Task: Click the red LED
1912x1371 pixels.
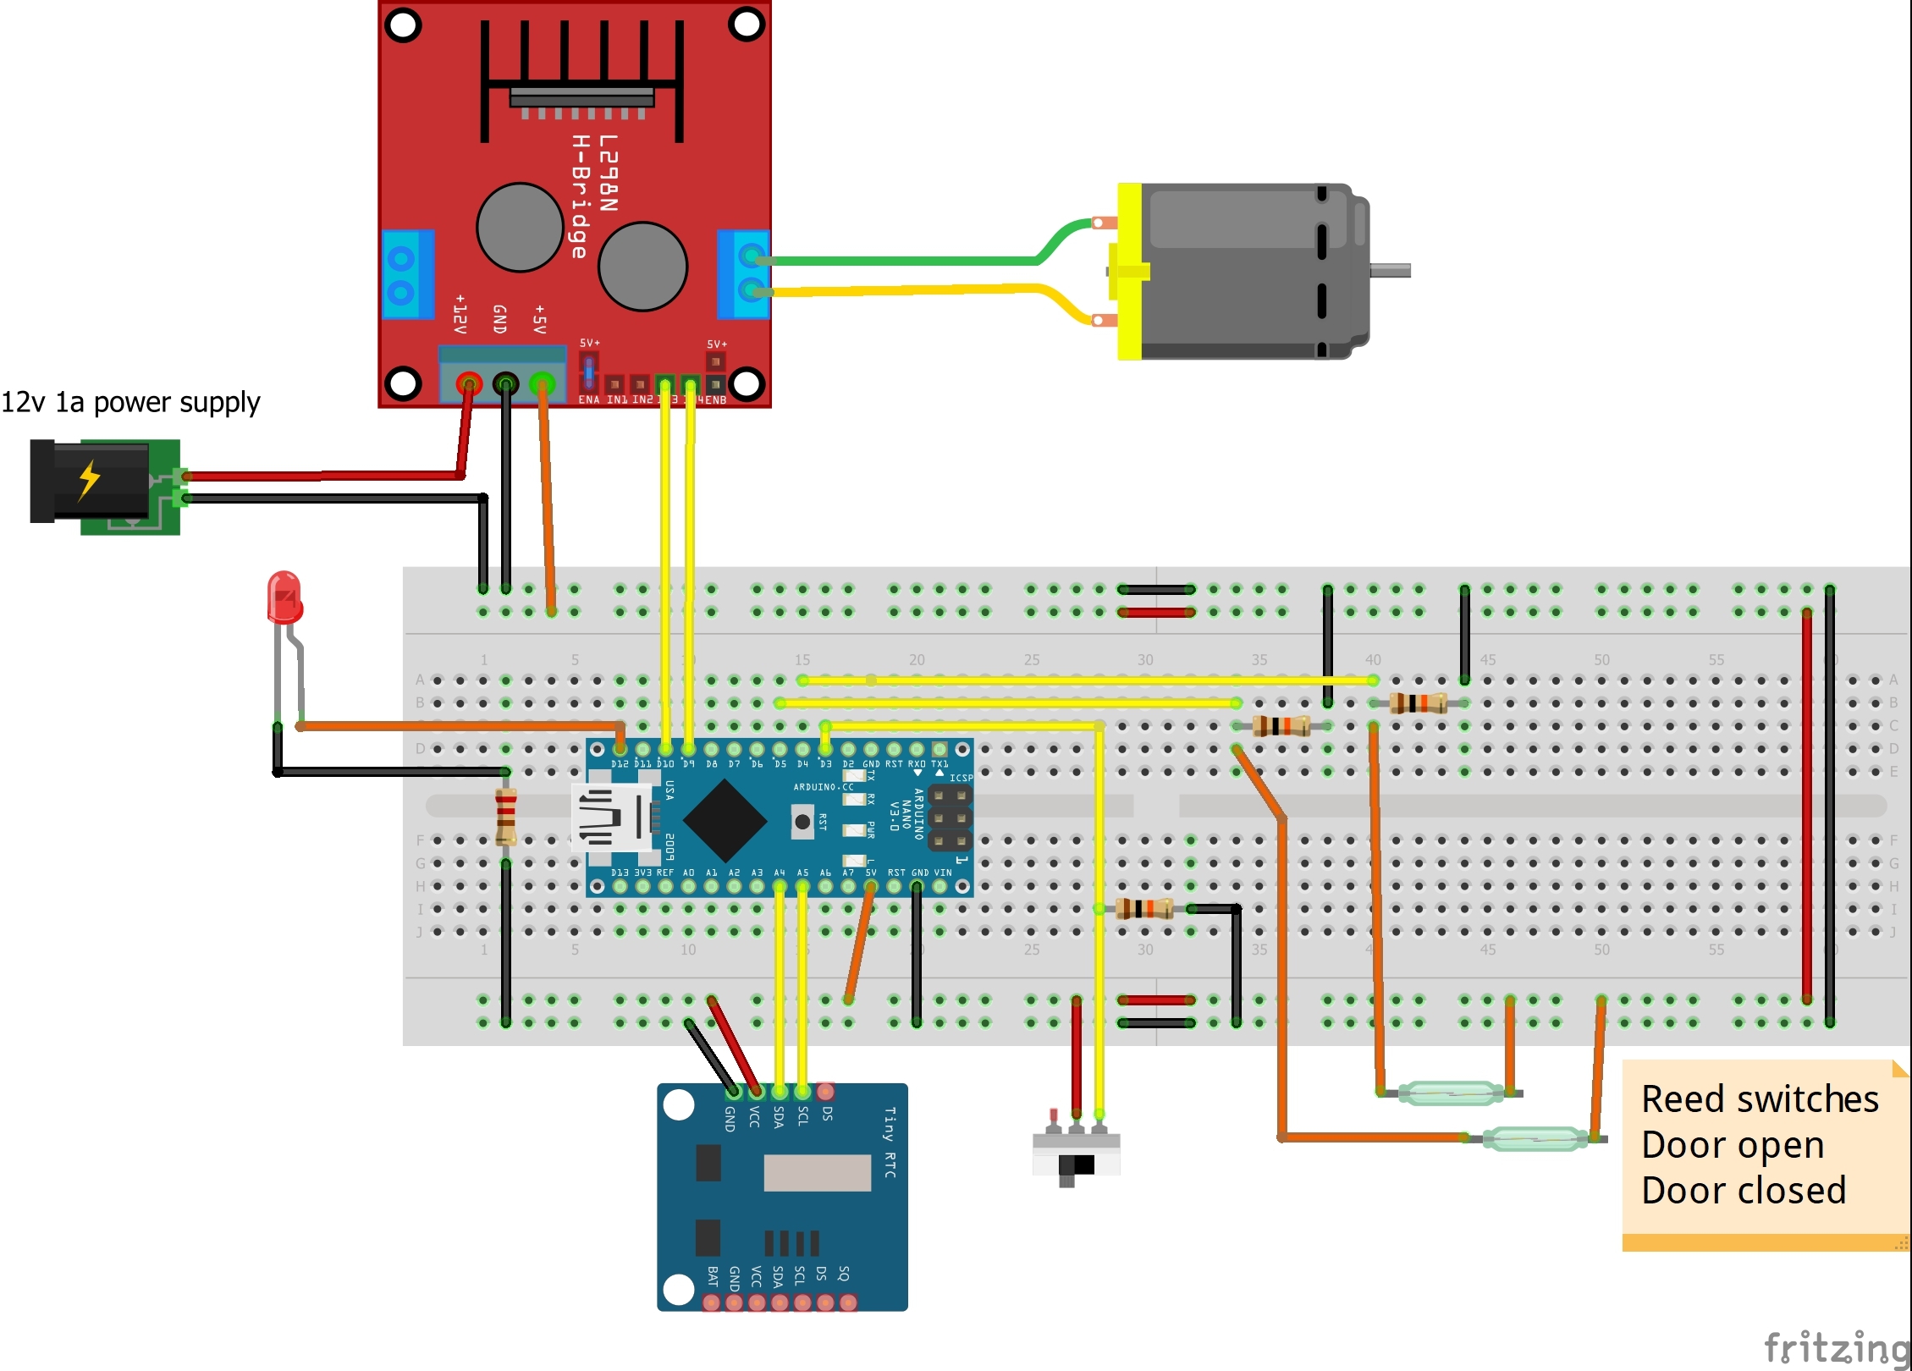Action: (x=284, y=597)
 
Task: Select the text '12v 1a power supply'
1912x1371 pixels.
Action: (x=130, y=402)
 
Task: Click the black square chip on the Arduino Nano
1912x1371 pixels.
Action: (x=725, y=820)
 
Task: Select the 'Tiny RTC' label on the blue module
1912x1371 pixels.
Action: (x=889, y=1142)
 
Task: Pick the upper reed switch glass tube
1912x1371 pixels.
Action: (x=1450, y=1093)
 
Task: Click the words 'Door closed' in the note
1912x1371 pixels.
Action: (x=1743, y=1190)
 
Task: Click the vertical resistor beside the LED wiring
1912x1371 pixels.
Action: (x=506, y=817)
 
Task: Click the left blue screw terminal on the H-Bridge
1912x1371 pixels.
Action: (x=407, y=274)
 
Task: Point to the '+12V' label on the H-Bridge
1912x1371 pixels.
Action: (x=460, y=314)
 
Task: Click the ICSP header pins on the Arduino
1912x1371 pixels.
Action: (x=950, y=818)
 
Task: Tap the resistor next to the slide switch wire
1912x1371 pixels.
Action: (x=1143, y=909)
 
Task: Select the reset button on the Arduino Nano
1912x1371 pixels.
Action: (x=802, y=821)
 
